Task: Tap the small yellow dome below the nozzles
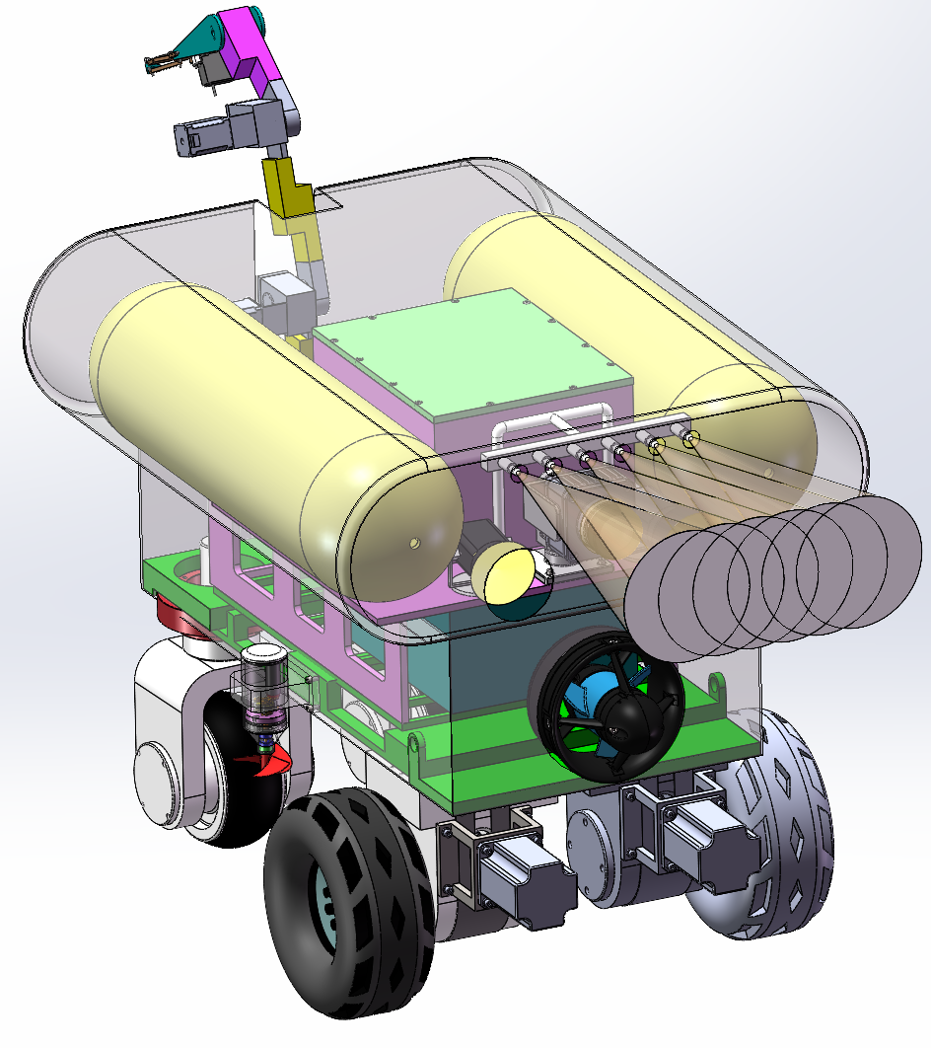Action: (505, 574)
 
